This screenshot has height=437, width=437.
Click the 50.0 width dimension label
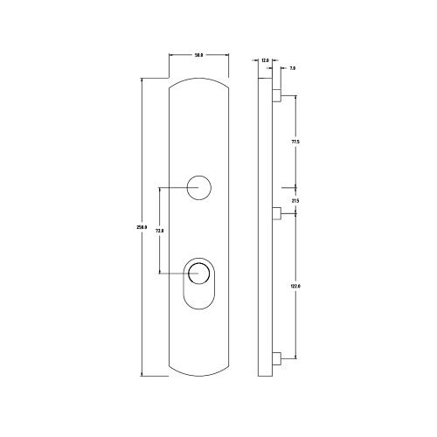(x=198, y=55)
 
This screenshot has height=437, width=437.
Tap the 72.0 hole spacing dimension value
(x=159, y=230)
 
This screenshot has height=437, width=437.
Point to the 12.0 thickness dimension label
(x=265, y=60)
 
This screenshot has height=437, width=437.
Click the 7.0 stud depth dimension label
(x=291, y=66)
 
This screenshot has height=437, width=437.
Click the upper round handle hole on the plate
(x=199, y=186)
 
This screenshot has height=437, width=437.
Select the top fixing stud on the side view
(x=276, y=93)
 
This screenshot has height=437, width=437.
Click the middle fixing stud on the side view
(x=276, y=212)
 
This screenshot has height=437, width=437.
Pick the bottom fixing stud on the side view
(x=276, y=357)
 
